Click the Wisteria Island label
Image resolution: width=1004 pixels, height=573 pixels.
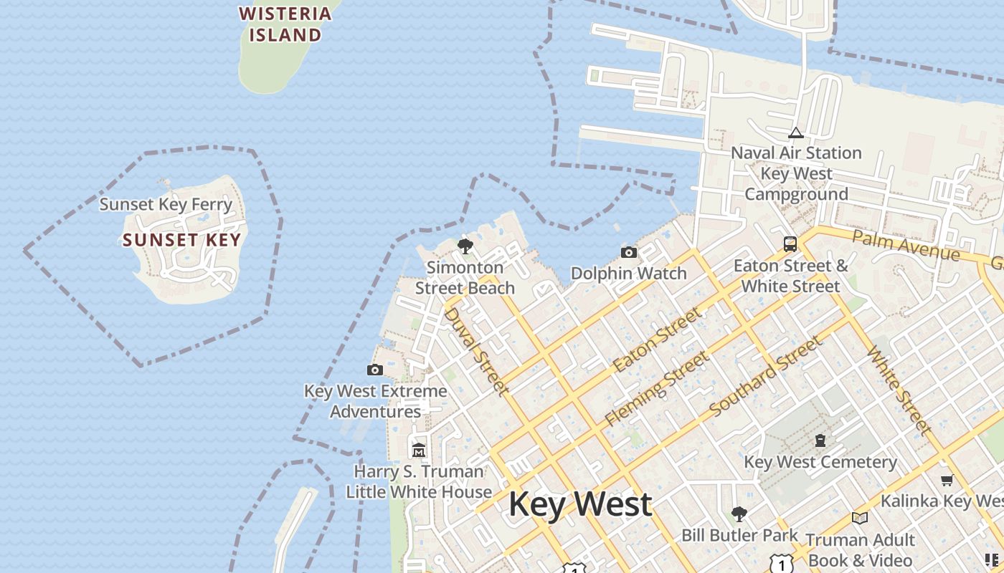click(x=285, y=24)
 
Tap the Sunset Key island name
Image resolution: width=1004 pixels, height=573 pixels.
click(x=181, y=240)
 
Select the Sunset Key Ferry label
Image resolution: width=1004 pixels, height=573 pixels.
click(x=166, y=204)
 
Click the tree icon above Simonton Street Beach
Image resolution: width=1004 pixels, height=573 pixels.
click(x=465, y=247)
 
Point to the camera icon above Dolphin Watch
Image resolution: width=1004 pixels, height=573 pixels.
click(x=628, y=252)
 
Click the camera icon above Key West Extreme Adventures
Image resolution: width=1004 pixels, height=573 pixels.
click(x=374, y=370)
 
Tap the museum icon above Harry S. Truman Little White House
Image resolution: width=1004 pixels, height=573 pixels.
click(x=419, y=451)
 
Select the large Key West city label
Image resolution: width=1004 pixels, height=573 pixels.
click(x=580, y=504)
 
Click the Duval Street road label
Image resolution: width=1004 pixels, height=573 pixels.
click(x=476, y=351)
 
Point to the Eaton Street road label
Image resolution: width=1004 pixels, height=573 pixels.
click(x=657, y=340)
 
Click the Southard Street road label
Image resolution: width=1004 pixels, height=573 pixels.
click(x=765, y=377)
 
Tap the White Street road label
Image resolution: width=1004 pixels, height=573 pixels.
click(x=899, y=390)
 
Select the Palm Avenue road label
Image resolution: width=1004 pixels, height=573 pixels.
click(x=906, y=246)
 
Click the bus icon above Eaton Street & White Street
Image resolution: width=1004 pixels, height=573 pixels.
click(x=790, y=244)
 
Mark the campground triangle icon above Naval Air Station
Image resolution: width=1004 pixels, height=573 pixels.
click(x=795, y=133)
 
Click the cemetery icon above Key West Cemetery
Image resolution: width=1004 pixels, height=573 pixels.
click(x=820, y=440)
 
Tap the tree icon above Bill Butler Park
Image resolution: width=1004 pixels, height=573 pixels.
click(x=739, y=514)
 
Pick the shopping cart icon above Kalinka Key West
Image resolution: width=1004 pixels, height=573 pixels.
click(x=947, y=480)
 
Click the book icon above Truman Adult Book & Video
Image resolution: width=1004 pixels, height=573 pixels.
click(x=859, y=518)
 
